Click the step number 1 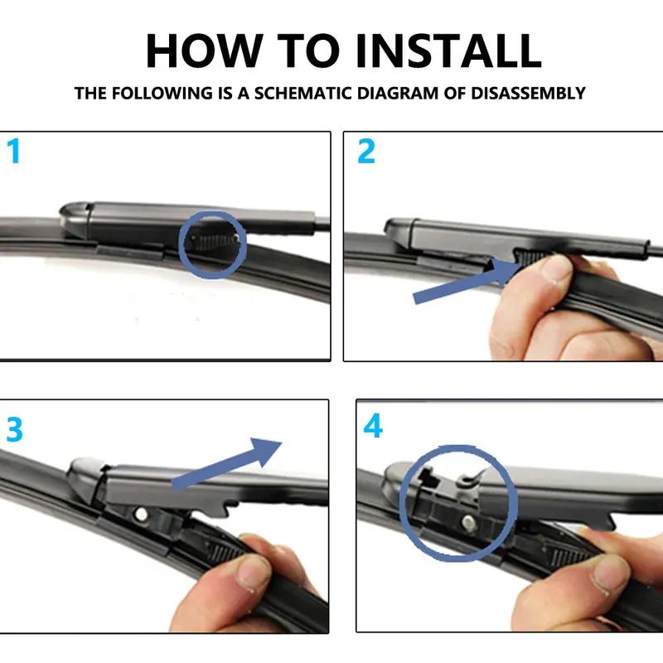(x=13, y=152)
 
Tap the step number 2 (x=365, y=151)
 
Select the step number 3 (x=14, y=429)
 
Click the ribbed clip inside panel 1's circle (x=213, y=242)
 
